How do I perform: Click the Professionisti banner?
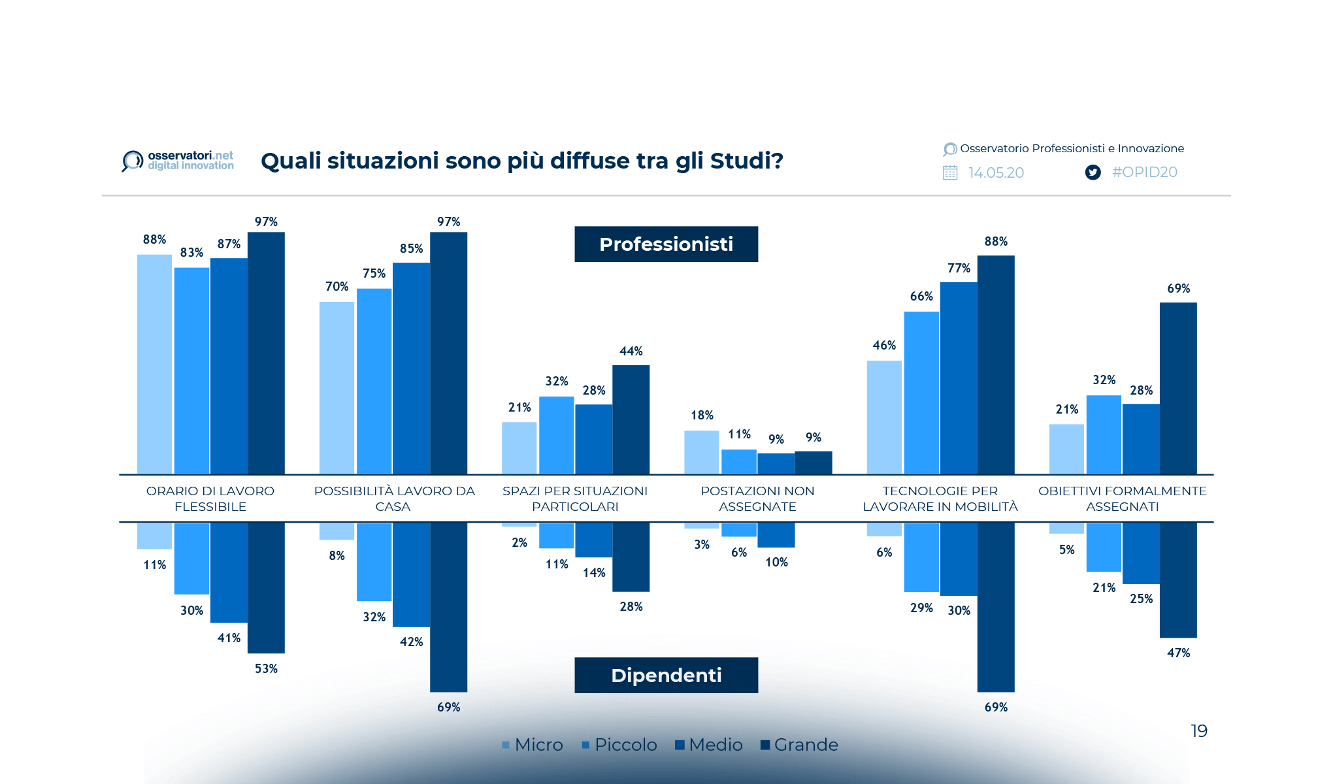[666, 244]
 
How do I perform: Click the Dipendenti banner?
[666, 675]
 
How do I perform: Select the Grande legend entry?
[799, 745]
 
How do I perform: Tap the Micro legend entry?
[533, 745]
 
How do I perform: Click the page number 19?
[1198, 730]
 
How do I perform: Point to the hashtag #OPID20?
[1144, 172]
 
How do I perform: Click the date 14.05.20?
[996, 172]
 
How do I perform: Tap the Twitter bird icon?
[1093, 172]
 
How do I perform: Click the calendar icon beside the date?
[950, 172]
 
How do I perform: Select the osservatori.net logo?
[178, 160]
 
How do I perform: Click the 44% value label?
[631, 351]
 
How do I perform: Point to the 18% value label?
[702, 416]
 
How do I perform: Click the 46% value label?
[884, 346]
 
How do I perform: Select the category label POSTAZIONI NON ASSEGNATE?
[757, 498]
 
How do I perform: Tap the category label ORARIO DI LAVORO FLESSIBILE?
[210, 498]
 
